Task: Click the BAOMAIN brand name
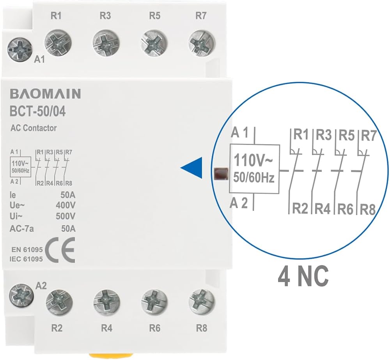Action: [45, 94]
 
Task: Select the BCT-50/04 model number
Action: [37, 112]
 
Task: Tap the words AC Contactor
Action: [34, 128]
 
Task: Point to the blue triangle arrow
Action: [192, 168]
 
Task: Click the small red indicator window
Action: [221, 173]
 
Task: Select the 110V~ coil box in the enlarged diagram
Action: [254, 169]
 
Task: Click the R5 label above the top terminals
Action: [154, 16]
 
